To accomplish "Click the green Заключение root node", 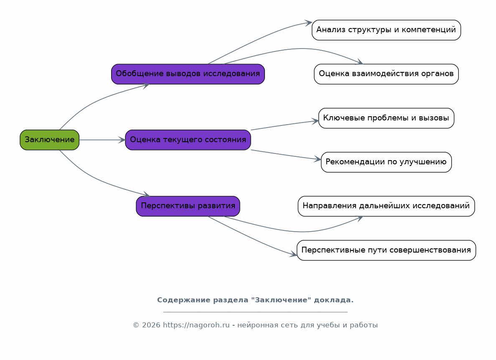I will [49, 140].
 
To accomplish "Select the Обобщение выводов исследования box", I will [188, 74].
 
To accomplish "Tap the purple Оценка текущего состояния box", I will [188, 140].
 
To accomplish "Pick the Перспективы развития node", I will [188, 206].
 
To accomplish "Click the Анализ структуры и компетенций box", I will [386, 30].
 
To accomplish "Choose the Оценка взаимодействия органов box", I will [386, 74].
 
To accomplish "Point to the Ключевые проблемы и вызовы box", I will [386, 118].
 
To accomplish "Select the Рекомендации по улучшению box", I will [386, 162].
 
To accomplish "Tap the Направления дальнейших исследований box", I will [386, 206].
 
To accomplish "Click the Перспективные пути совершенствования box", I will [386, 250].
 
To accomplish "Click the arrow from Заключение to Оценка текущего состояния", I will [100, 140].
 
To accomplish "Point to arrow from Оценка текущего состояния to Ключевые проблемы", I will [284, 125].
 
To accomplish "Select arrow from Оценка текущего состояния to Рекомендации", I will [284, 154].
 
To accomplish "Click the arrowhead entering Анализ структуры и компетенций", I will [309, 23].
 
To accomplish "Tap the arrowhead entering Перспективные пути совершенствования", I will [294, 254].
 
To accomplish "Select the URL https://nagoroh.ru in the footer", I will [196, 325].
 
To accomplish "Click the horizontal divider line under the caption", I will [255, 312].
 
